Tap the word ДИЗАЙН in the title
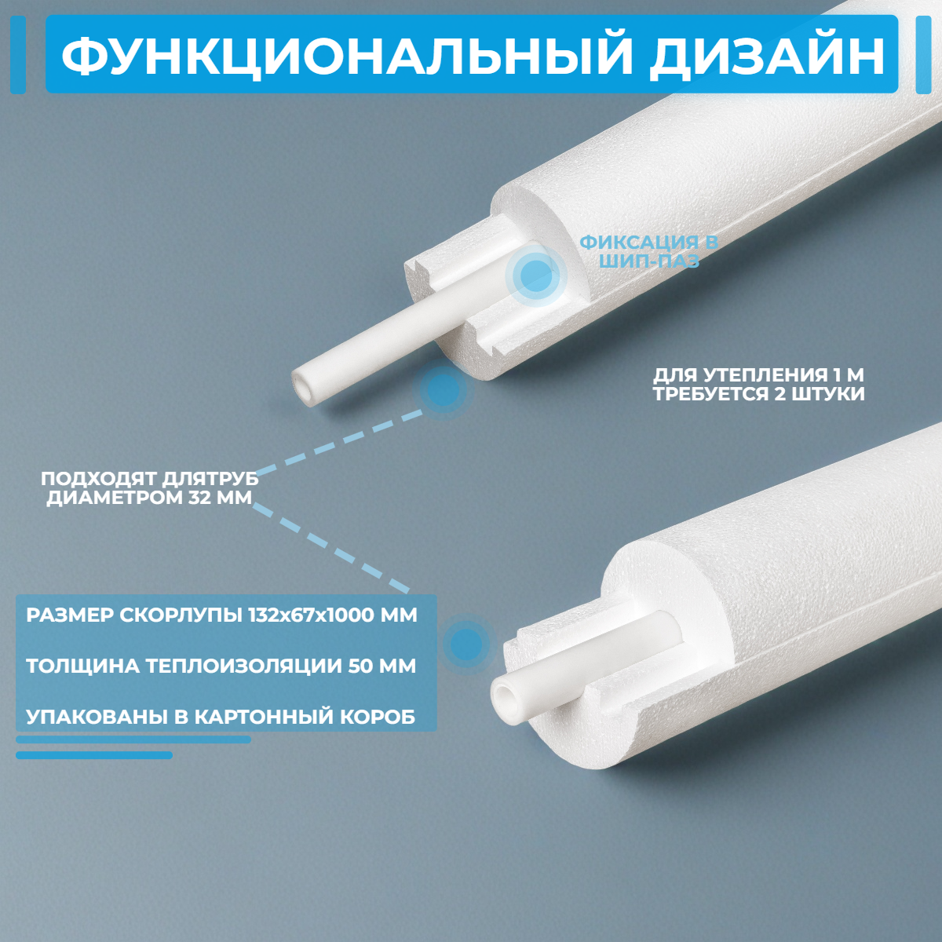point(766,54)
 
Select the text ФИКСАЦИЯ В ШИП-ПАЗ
point(648,252)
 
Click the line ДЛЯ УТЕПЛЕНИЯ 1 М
point(758,375)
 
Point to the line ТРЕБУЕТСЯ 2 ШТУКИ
point(758,394)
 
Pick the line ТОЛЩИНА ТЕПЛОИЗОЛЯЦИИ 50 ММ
point(221,666)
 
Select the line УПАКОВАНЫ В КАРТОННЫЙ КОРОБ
point(221,717)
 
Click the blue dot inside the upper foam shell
point(536,276)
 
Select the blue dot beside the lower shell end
point(466,644)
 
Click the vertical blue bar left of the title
point(18,54)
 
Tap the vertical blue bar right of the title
point(923,54)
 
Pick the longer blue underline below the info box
point(133,739)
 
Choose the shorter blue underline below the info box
point(94,755)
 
